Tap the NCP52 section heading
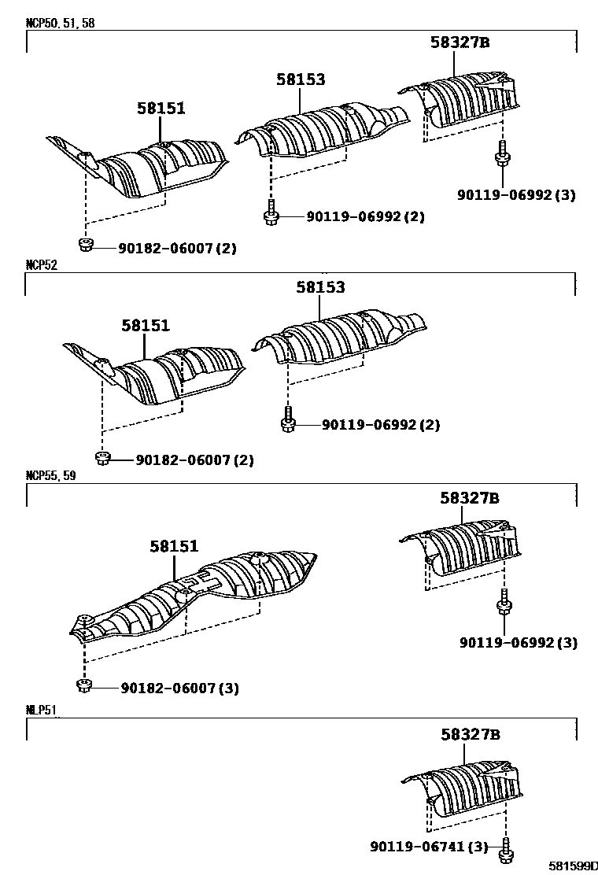41,265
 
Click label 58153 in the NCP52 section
320,288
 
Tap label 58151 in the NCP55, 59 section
175,546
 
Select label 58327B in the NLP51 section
470,735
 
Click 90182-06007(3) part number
180,689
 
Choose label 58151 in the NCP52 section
146,325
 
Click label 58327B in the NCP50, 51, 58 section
460,42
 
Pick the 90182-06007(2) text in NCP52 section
194,460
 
